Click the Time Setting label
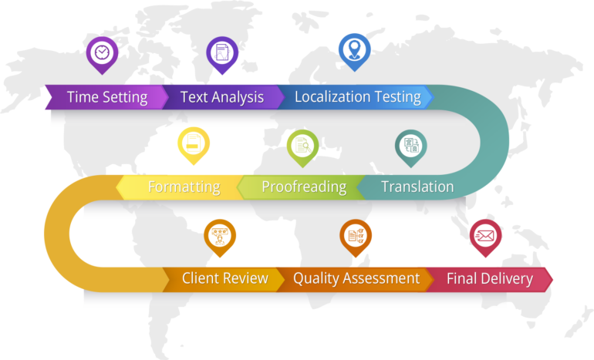click(x=106, y=97)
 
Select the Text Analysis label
click(x=221, y=97)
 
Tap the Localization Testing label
click(x=357, y=97)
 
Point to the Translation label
click(x=417, y=187)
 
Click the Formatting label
click(x=184, y=187)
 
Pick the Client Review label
click(x=224, y=278)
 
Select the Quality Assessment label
click(x=356, y=278)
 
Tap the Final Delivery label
click(x=489, y=278)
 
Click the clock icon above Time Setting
click(x=102, y=52)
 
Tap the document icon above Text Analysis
click(x=222, y=52)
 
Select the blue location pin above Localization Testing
click(x=355, y=49)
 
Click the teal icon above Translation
click(x=411, y=145)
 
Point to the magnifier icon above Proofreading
click(x=302, y=145)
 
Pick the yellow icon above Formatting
click(x=193, y=143)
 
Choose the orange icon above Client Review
click(x=220, y=235)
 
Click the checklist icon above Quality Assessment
click(x=356, y=235)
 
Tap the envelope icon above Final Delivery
click(x=485, y=234)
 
